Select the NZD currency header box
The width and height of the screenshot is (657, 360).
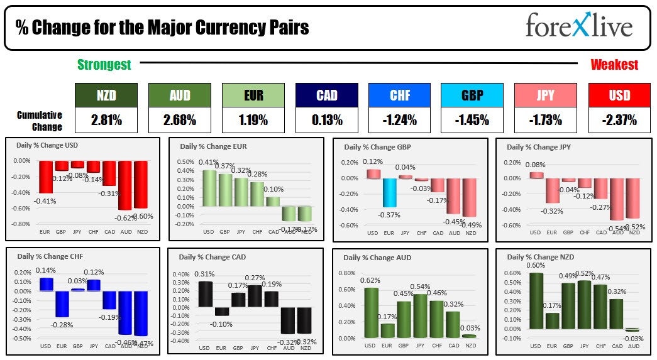pos(106,95)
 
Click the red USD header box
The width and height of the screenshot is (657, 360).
pos(620,95)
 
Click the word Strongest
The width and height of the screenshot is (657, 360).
pos(104,65)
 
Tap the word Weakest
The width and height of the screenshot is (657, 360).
pos(614,65)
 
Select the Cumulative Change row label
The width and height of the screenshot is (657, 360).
pos(40,121)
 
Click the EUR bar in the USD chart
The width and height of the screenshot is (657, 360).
pos(45,177)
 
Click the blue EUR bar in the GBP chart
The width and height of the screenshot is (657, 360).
pos(390,192)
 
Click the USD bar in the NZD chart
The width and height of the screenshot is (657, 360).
pos(535,301)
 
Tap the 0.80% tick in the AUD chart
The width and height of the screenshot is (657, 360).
pos(348,273)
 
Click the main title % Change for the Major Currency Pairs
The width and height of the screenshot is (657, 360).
pos(162,28)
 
